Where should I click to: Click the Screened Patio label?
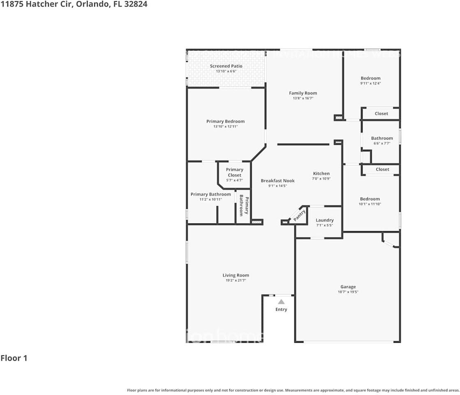coord(226,66)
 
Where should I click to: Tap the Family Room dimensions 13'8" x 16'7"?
coord(303,98)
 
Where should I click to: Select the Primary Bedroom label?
coord(225,121)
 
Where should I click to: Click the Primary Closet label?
coord(234,172)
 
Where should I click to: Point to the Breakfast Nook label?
coord(277,181)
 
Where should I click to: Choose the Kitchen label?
coord(321,174)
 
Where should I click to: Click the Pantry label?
coord(299,216)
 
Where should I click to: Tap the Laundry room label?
coord(324,221)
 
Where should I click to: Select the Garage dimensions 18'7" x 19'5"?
coord(348,292)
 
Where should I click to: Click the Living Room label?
coord(236,276)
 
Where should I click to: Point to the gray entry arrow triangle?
coord(281,302)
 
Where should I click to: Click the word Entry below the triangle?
coord(281,309)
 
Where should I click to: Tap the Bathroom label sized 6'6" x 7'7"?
coord(382,138)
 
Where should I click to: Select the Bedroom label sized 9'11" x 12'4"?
coord(370,78)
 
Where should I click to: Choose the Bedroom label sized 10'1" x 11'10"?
coord(370,199)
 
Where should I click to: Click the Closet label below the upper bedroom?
coord(381,114)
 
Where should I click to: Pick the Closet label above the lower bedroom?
coord(382,170)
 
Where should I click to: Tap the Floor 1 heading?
coord(14,358)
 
